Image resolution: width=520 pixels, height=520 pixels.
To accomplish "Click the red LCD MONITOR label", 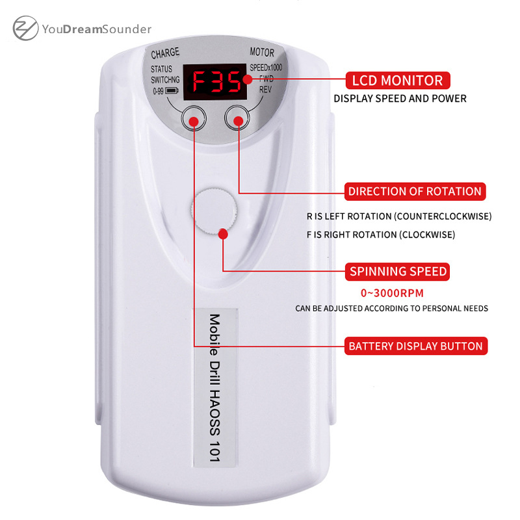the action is pyautogui.click(x=397, y=81).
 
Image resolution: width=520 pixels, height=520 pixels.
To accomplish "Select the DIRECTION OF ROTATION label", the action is pyautogui.click(x=415, y=191).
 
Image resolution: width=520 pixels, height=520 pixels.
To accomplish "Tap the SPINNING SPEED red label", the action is pyautogui.click(x=398, y=271).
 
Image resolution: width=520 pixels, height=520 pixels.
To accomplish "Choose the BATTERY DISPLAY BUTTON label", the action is pyautogui.click(x=416, y=346).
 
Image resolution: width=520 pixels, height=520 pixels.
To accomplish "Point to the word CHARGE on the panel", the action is pyautogui.click(x=165, y=53).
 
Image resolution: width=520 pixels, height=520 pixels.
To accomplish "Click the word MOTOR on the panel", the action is pyautogui.click(x=262, y=53).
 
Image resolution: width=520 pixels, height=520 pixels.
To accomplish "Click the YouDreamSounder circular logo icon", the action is pyautogui.click(x=25, y=29).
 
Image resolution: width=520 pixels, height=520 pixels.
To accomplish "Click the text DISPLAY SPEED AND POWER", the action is pyautogui.click(x=400, y=99).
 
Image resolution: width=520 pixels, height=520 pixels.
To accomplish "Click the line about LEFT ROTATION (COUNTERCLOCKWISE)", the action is pyautogui.click(x=399, y=216).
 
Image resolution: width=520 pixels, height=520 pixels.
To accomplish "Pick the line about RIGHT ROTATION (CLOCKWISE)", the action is pyautogui.click(x=381, y=234).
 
